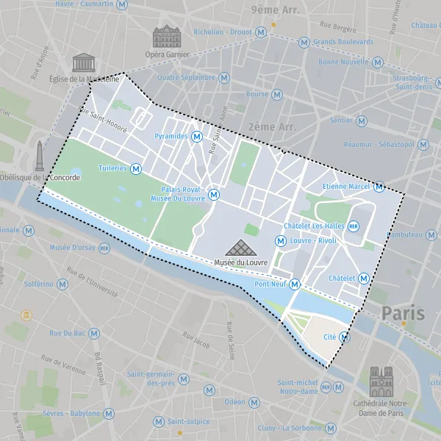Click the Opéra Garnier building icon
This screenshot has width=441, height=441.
166,37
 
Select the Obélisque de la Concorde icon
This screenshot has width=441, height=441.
39,156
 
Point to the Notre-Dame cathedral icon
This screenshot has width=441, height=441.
381,381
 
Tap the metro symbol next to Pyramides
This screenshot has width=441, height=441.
197,137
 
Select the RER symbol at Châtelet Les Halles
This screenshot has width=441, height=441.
354,226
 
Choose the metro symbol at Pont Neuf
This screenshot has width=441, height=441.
295,284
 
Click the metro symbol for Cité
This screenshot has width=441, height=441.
344,337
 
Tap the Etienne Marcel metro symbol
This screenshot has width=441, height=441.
379,187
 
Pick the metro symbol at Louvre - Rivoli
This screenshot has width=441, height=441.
280,240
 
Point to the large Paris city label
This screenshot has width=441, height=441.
403,313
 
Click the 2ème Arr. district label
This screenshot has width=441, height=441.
272,126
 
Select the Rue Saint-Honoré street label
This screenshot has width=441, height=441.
103,121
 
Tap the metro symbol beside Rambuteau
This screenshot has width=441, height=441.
433,234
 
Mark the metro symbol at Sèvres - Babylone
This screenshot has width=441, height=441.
109,414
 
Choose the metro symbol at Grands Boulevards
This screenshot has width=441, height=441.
304,42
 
